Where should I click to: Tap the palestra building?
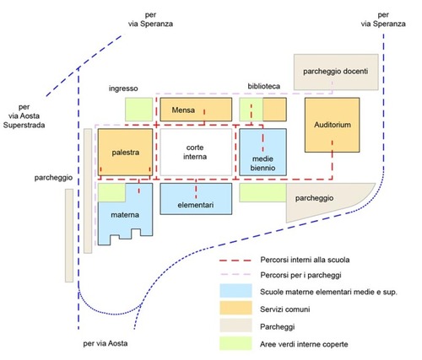pos(125,153)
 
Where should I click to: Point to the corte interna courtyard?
pos(196,153)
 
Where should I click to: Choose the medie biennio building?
pos(262,153)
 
